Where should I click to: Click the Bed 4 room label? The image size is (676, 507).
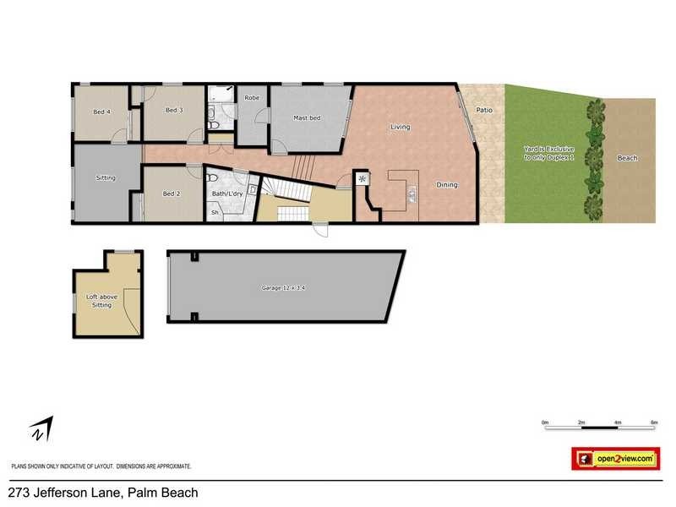tap(101, 112)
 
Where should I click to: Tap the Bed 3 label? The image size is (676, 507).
tap(174, 110)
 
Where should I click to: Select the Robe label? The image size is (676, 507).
tap(252, 98)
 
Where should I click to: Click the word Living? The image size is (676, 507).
tap(400, 128)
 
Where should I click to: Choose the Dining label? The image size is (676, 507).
tap(446, 185)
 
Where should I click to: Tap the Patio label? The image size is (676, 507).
tap(483, 111)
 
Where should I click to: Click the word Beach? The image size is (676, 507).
tap(628, 158)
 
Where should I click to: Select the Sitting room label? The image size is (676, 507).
tap(106, 178)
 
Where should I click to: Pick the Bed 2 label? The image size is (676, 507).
tap(171, 194)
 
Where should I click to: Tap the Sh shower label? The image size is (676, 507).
tap(215, 213)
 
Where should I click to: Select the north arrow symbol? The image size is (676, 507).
tap(40, 428)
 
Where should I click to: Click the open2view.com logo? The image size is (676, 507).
tap(615, 459)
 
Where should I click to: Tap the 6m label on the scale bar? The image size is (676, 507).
tap(654, 421)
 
